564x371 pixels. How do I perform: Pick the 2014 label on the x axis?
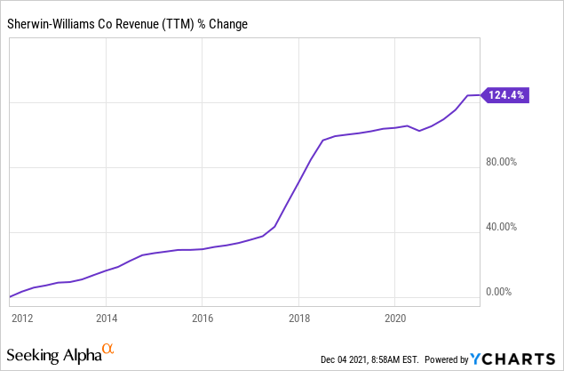tap(107, 317)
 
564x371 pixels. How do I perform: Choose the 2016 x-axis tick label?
tap(203, 317)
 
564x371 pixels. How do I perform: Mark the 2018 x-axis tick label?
tap(299, 317)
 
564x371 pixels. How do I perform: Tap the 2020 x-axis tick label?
tap(395, 317)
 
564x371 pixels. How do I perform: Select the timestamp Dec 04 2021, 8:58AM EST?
tap(370, 359)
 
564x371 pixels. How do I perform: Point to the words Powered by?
tap(449, 359)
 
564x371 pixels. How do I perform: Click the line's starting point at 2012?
tap(10, 296)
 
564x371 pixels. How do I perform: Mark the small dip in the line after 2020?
tap(419, 131)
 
